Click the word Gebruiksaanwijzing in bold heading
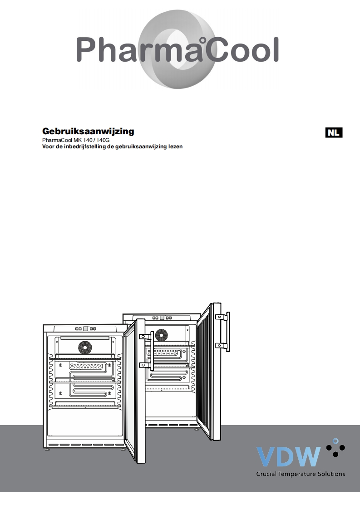click(x=88, y=132)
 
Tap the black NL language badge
click(x=334, y=132)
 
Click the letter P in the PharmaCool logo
click(x=87, y=50)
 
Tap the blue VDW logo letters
click(x=289, y=456)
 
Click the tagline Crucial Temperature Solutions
click(x=301, y=474)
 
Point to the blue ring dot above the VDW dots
click(x=335, y=440)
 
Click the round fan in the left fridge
click(x=84, y=347)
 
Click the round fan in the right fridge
click(x=161, y=336)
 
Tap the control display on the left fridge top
click(x=85, y=328)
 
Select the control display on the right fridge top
click(x=162, y=318)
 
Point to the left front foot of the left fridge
click(x=48, y=450)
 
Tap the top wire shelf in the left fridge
click(x=85, y=358)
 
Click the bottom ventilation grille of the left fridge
click(x=85, y=444)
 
